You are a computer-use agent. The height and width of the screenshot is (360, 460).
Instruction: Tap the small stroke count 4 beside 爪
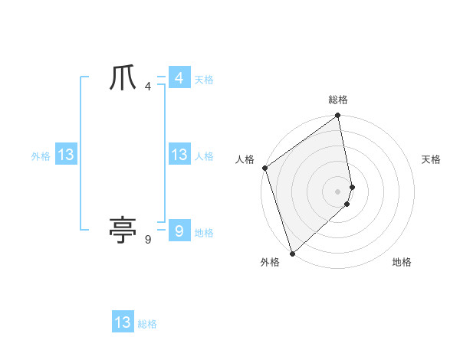[148, 87]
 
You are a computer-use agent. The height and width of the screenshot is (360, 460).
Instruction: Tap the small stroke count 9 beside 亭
[148, 240]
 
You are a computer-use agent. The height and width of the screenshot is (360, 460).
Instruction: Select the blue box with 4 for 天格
[179, 78]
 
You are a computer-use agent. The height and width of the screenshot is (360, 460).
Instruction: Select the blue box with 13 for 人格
[179, 155]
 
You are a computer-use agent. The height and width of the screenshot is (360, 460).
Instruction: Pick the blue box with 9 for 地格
[179, 231]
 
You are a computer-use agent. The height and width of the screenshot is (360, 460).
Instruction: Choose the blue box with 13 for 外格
[65, 155]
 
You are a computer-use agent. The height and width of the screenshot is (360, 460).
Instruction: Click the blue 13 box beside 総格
[123, 322]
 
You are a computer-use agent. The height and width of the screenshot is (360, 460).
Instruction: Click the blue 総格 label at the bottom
[147, 324]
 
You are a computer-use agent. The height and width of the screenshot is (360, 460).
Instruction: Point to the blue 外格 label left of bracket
[41, 156]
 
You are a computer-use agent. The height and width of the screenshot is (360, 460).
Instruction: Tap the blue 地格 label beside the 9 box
[205, 233]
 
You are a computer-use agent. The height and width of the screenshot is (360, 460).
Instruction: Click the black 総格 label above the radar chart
[338, 100]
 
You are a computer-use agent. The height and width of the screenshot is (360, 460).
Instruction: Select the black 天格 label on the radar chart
[431, 159]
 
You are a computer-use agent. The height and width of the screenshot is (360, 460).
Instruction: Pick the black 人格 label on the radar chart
[245, 159]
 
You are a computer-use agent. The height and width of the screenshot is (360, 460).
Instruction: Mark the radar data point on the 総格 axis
[338, 116]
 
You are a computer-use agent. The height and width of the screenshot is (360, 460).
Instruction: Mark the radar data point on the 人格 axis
[264, 168]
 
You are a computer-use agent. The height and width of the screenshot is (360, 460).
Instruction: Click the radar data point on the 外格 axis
[292, 254]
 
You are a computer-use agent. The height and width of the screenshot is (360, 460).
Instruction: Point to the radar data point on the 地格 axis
[347, 204]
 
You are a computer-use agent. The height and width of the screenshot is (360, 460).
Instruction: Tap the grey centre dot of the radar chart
[338, 191]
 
